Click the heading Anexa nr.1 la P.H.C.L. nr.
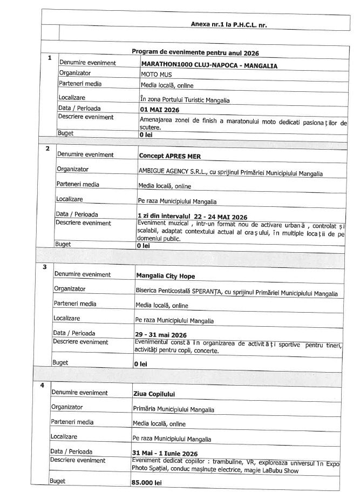pos(229,24)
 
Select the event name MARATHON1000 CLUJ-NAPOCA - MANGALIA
pos(208,65)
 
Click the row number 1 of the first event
pos(50,58)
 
